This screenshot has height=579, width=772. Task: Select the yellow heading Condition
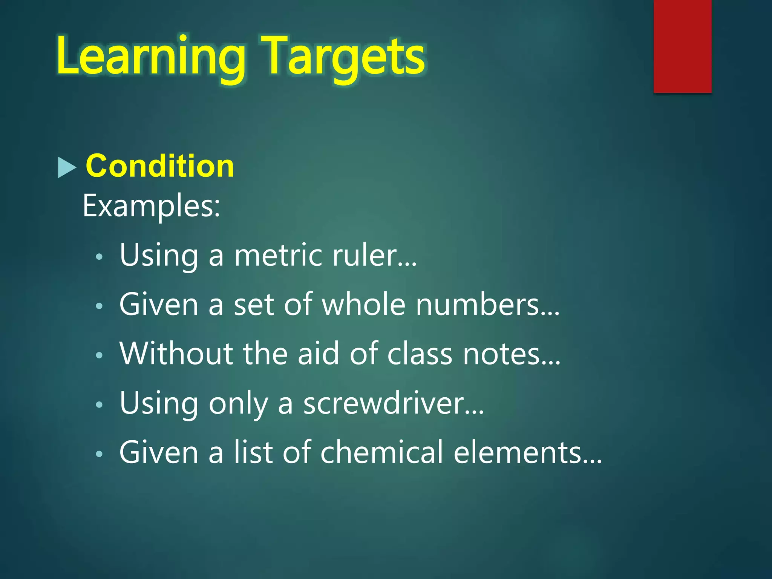160,166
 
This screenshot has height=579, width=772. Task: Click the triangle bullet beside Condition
67,167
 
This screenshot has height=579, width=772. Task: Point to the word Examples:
151,206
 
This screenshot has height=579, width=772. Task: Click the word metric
278,256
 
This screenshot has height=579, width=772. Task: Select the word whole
363,305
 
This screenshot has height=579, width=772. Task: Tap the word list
253,452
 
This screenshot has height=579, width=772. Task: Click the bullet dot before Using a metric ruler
99,257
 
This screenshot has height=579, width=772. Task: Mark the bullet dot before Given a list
99,454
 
